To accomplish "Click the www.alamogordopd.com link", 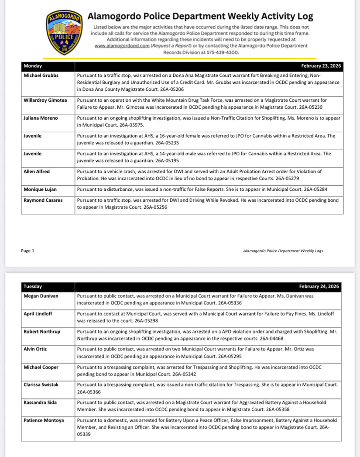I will (x=120, y=45).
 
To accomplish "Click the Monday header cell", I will (x=33, y=66).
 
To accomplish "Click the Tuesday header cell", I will (x=33, y=287).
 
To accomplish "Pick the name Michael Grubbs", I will (x=41, y=76).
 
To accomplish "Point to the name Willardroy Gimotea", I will (x=45, y=100).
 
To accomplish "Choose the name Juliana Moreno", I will (x=40, y=118).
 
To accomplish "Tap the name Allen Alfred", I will (x=37, y=172).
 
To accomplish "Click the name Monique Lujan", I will (x=40, y=189).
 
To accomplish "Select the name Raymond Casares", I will (x=43, y=200).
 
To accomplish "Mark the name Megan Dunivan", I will (x=41, y=296).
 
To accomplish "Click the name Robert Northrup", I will (x=42, y=332).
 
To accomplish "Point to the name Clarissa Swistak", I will (x=42, y=385).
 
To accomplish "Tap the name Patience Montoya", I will (x=44, y=420).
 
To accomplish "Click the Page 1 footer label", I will (x=27, y=251).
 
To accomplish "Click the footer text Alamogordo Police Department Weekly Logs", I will (x=283, y=251).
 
